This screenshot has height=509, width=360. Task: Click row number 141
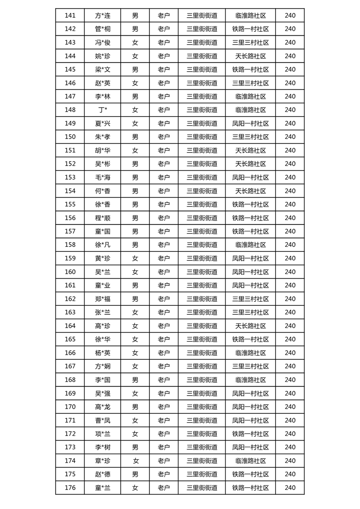pos(70,15)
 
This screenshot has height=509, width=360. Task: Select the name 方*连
pos(103,15)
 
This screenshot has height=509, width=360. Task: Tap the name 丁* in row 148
pos(103,110)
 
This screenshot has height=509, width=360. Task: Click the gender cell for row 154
pos(135,191)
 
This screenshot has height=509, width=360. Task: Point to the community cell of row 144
pos(251,56)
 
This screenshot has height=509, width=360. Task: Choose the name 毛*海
pos(103,177)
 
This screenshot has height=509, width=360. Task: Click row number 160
pos(70,272)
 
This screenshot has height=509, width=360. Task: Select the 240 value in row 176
pos(290,488)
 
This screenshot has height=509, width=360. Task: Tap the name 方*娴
pos(103,366)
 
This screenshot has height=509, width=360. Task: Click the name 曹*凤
pos(103,420)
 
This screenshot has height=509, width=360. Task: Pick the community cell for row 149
pos(251,123)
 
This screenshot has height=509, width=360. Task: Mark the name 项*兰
pos(103,434)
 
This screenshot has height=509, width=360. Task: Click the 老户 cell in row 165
pos(163,339)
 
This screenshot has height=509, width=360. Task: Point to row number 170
pos(70,407)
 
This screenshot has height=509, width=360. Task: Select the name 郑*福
pos(103,299)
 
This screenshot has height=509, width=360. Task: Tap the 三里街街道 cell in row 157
pos(202,231)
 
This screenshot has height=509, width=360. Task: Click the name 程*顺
pos(103,218)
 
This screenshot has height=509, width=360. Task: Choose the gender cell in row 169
pos(135,393)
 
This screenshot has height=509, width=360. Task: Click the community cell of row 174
pos(251,461)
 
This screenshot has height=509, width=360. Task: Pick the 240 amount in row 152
pos(290,164)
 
